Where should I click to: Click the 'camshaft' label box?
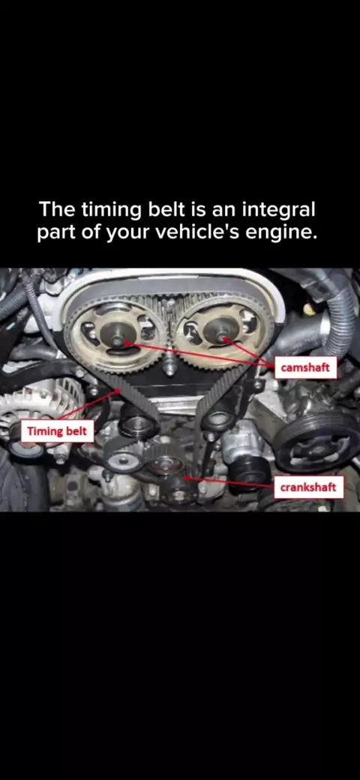[305, 368]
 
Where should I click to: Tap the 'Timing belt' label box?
[57, 430]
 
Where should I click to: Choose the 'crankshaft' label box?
[308, 487]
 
